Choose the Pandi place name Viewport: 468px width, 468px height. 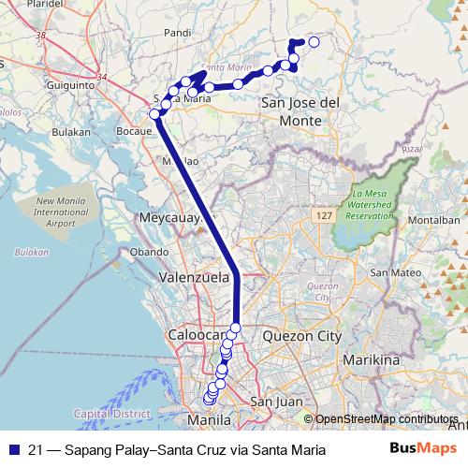[x=177, y=33]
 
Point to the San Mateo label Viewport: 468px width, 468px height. [x=392, y=272]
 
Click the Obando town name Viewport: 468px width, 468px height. [x=149, y=252]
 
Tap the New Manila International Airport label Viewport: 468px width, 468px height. [x=61, y=212]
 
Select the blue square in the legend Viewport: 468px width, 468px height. [x=13, y=449]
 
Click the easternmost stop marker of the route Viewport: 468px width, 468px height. [x=314, y=42]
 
